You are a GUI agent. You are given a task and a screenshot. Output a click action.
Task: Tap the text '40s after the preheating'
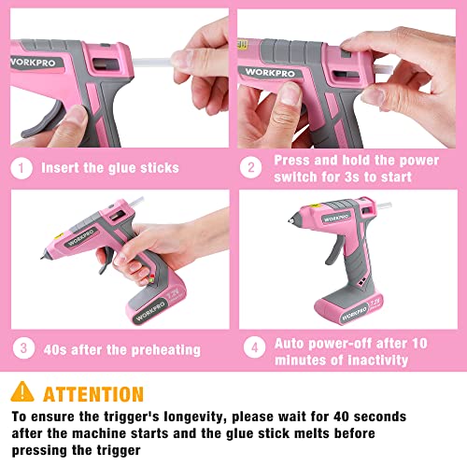(122, 349)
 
